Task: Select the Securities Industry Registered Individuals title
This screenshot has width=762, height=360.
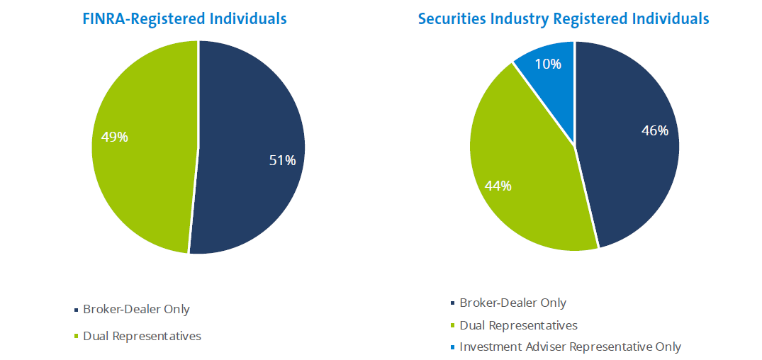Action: pos(564,18)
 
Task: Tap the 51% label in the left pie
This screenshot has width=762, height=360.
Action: pos(281,161)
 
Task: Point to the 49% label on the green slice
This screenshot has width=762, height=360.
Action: pos(114,137)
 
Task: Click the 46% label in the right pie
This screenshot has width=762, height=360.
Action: pos(654,130)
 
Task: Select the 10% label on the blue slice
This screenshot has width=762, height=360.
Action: pos(548,64)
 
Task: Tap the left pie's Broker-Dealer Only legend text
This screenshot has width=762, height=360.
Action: pos(136,310)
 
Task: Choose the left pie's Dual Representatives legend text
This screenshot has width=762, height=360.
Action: pos(142,336)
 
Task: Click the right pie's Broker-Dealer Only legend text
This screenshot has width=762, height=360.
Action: pos(512,303)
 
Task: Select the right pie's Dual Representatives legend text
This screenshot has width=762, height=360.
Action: pos(518,325)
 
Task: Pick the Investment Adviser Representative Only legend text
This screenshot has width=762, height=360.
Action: pos(570,347)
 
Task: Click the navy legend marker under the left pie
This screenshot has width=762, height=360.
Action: pos(77,310)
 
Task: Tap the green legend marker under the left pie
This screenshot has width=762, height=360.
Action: pos(77,337)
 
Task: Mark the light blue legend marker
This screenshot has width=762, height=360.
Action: pos(453,347)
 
